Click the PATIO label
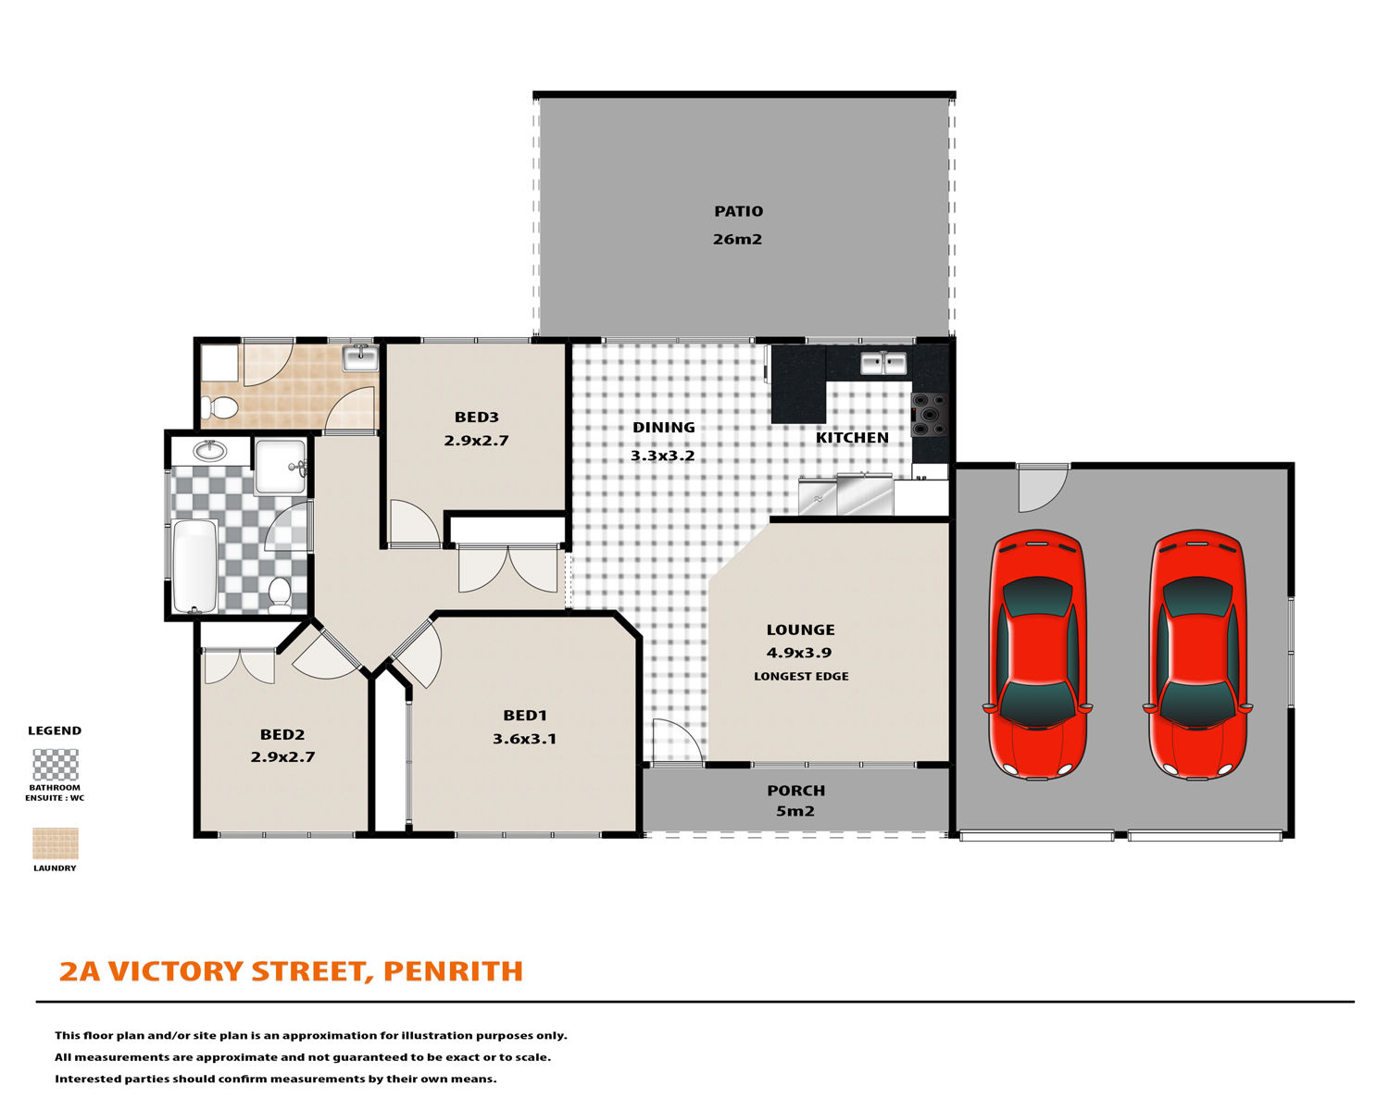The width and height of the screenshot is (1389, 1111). click(738, 211)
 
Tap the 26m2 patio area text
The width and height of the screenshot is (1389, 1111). click(737, 240)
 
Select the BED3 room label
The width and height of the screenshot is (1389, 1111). click(476, 417)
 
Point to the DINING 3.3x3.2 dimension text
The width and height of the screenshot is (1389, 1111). click(663, 456)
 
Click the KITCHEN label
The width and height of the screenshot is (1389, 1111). click(852, 438)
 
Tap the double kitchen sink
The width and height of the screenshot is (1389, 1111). click(883, 363)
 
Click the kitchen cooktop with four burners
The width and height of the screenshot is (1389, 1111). click(930, 415)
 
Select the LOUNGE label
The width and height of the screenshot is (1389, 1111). click(800, 630)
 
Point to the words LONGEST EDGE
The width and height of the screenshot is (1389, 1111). click(801, 677)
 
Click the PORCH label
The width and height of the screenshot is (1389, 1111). click(795, 790)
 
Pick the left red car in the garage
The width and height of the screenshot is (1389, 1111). click(1037, 655)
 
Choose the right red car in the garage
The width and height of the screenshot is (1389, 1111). click(1198, 655)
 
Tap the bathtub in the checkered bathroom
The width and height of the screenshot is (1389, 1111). click(195, 566)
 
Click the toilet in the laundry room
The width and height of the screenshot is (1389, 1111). click(219, 407)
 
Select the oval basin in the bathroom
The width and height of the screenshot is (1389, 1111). click(210, 451)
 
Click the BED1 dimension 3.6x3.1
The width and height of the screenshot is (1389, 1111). click(524, 739)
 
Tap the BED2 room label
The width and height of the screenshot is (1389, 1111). click(282, 734)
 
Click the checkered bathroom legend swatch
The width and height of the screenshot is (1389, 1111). click(56, 765)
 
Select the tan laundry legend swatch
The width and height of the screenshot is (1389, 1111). click(56, 843)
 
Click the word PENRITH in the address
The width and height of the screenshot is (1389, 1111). click(453, 971)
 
